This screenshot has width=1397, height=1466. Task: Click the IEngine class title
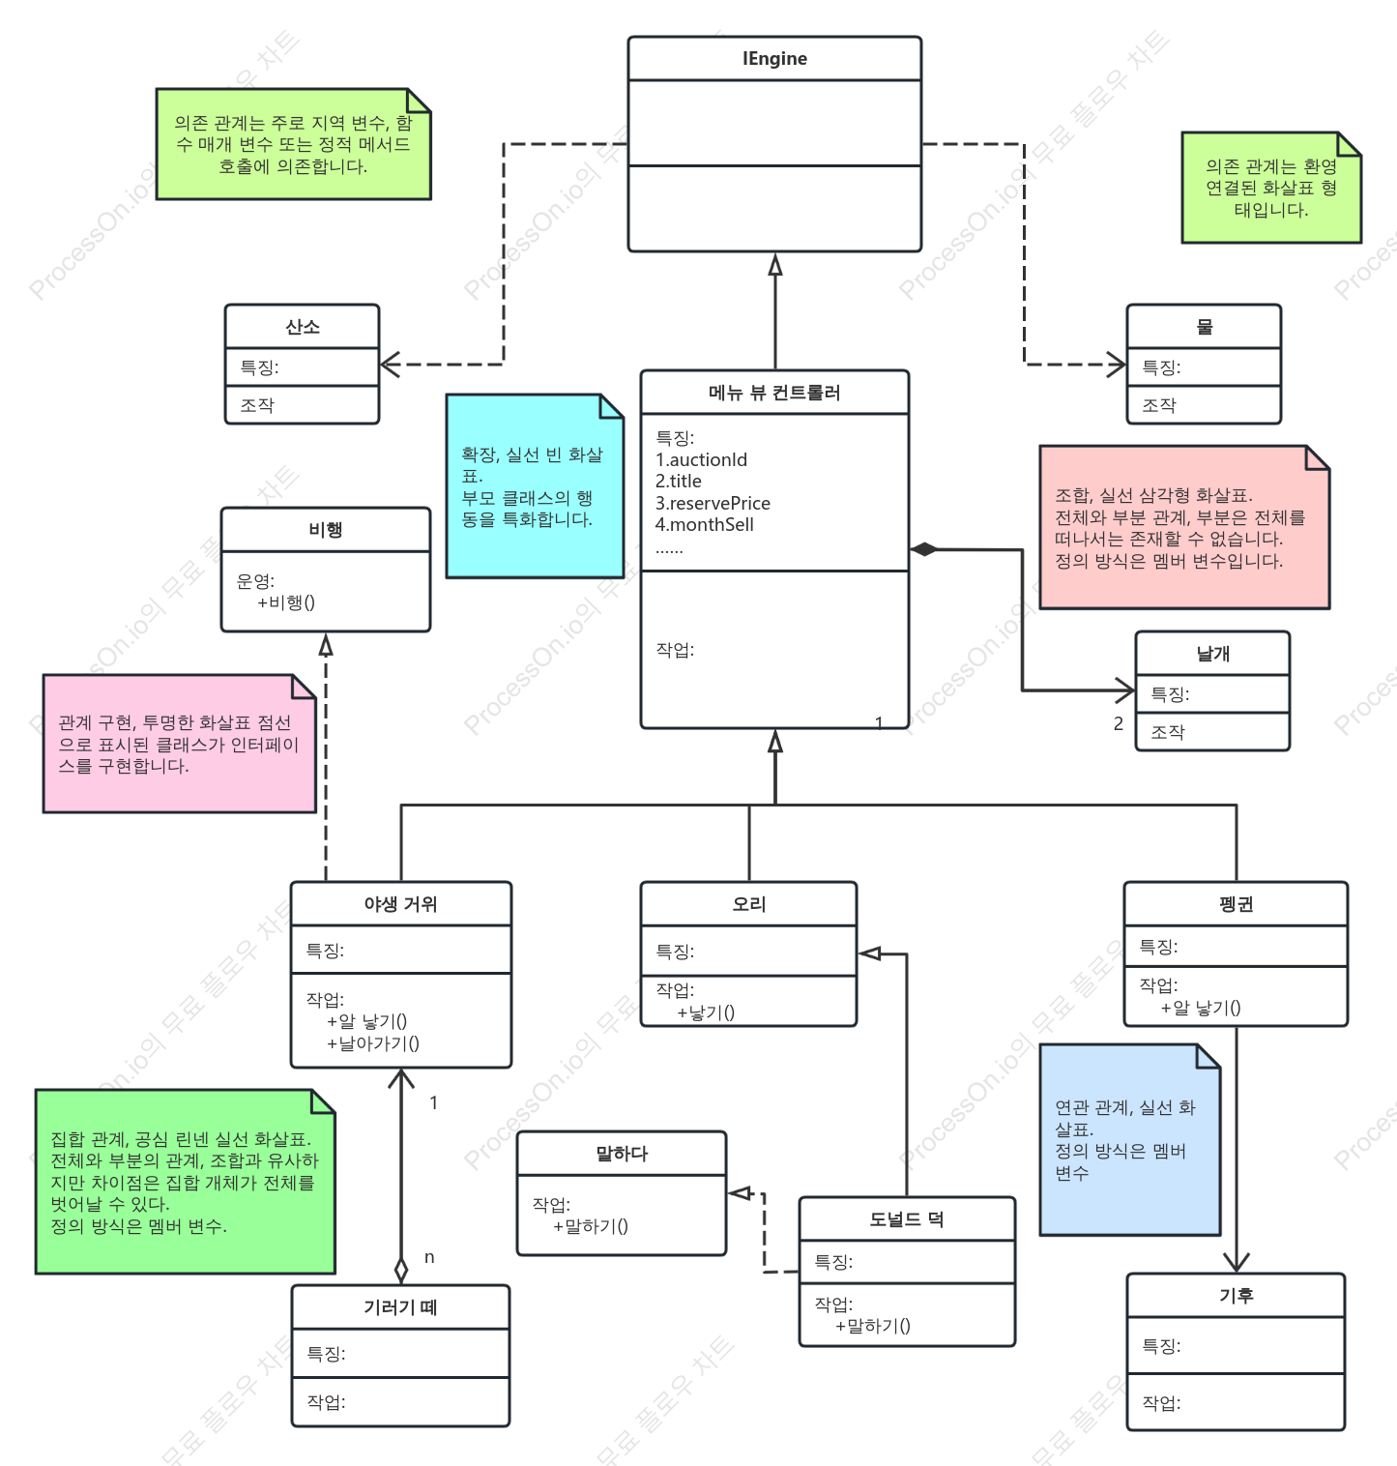(x=774, y=59)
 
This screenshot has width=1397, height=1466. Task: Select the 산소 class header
(x=303, y=327)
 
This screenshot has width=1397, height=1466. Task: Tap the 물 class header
(x=1205, y=327)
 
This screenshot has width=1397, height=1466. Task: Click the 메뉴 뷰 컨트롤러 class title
(x=774, y=393)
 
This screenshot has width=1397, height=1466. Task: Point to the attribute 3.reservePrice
(x=713, y=503)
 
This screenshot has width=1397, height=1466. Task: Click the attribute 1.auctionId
(x=701, y=459)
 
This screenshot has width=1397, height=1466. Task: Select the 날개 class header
(x=1213, y=654)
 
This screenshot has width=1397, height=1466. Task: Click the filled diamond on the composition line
(x=924, y=549)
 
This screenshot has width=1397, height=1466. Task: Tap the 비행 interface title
(x=326, y=530)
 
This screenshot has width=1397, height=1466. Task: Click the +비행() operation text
(x=286, y=602)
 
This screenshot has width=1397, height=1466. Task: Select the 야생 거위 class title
(x=400, y=904)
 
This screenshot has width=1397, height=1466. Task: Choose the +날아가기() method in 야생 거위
(x=373, y=1043)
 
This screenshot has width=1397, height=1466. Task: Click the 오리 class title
(x=749, y=904)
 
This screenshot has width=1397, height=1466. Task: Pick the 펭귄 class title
(x=1237, y=904)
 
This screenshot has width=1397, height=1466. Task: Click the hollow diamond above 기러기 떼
(x=401, y=1271)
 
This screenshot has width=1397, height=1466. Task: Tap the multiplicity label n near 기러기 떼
(x=429, y=1257)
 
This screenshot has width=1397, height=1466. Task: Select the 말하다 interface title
(x=622, y=1154)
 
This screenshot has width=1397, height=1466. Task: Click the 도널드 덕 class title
(x=907, y=1219)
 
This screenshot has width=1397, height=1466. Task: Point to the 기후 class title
(x=1237, y=1295)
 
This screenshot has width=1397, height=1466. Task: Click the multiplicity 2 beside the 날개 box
(x=1119, y=723)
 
